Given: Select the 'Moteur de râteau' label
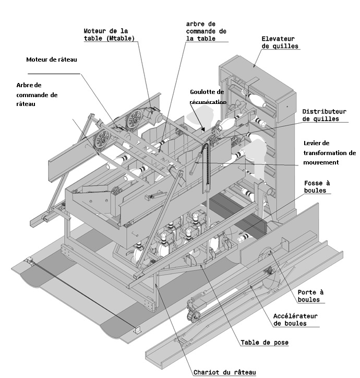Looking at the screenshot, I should tap(52, 60).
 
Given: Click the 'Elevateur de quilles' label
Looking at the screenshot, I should tap(278, 42).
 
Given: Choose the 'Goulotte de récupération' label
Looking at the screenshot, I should tap(207, 97).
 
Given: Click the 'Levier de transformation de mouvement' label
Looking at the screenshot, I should tap(329, 152).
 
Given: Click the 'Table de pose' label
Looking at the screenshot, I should tap(265, 343).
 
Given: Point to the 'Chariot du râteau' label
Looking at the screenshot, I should tap(224, 372).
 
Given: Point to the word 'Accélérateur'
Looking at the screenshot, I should tap(295, 315).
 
